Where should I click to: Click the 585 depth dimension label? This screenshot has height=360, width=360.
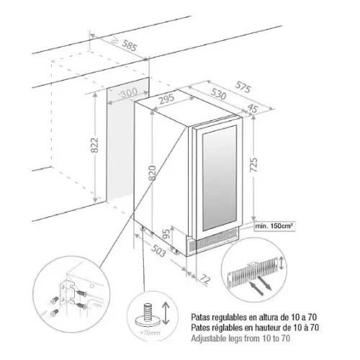click(130, 45)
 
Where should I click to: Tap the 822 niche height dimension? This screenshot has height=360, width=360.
click(94, 145)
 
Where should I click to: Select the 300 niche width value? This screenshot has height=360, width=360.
click(129, 93)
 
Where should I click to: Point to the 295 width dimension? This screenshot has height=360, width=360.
click(167, 99)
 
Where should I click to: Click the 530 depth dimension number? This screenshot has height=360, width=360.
click(219, 94)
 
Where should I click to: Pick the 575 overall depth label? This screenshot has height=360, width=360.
click(243, 87)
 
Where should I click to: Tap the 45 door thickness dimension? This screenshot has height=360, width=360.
click(252, 108)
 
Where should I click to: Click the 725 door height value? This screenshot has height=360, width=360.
click(253, 165)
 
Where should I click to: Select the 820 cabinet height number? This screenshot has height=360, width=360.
click(153, 173)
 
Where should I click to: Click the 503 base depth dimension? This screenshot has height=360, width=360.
click(158, 251)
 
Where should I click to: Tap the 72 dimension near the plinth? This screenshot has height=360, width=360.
click(205, 279)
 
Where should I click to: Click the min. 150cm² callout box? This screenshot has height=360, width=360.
click(274, 226)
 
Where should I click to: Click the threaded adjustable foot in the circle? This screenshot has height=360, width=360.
click(148, 315)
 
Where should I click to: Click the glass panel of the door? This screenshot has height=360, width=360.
click(219, 178)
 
